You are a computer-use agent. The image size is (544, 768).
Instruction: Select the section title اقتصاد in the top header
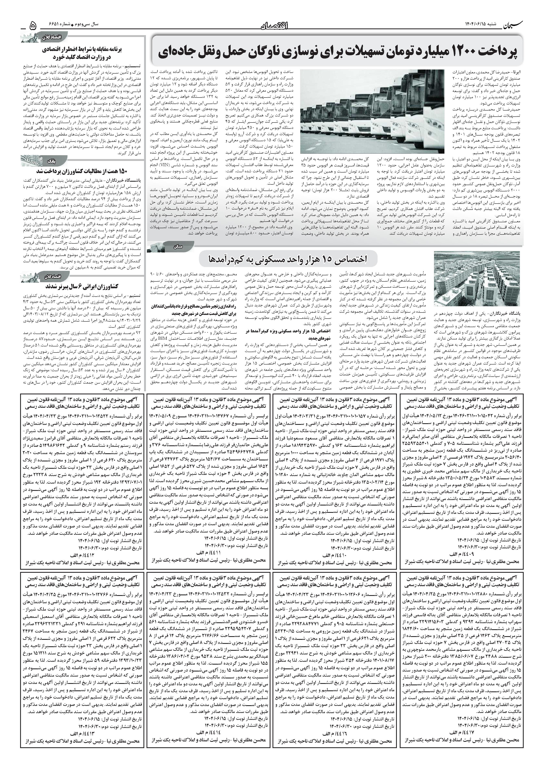coord(274,25)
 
